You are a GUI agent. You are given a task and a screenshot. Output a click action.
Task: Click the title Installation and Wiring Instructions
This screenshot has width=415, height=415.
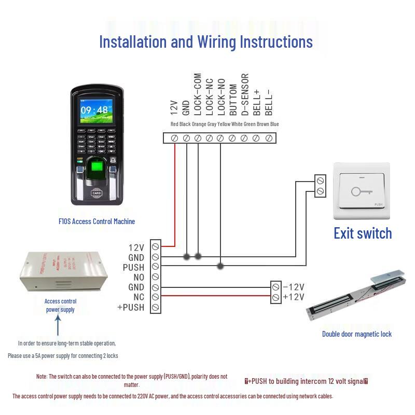(x=206, y=41)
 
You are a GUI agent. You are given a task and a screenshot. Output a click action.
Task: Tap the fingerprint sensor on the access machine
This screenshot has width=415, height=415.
(x=96, y=169)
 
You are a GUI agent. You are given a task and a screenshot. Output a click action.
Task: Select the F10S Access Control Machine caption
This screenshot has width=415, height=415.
(x=96, y=222)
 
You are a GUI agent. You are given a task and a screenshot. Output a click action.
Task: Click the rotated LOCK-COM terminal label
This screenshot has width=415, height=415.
(x=198, y=94)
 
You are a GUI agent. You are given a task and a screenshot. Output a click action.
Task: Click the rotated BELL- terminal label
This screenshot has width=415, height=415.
(x=269, y=102)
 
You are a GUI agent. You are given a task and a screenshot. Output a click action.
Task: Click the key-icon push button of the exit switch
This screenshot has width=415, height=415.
(x=361, y=191)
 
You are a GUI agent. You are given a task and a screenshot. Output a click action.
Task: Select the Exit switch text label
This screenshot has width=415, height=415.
(x=363, y=233)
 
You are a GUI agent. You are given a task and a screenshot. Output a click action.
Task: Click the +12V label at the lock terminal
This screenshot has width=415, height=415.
(x=293, y=297)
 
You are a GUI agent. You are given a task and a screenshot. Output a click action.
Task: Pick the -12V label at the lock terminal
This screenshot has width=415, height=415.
(x=293, y=287)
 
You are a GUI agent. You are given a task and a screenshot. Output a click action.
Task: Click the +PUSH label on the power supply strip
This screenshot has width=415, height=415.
(x=131, y=307)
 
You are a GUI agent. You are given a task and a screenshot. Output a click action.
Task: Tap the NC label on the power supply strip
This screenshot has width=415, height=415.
(x=139, y=297)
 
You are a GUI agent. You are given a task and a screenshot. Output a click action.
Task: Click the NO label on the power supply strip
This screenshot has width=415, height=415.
(x=139, y=277)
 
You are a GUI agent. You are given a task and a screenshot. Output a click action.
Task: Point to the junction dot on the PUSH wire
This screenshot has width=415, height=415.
(x=220, y=267)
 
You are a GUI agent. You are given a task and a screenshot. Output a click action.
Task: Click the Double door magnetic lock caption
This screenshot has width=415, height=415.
(x=357, y=334)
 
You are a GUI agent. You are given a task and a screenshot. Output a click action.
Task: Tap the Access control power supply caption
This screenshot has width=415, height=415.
(x=60, y=306)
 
